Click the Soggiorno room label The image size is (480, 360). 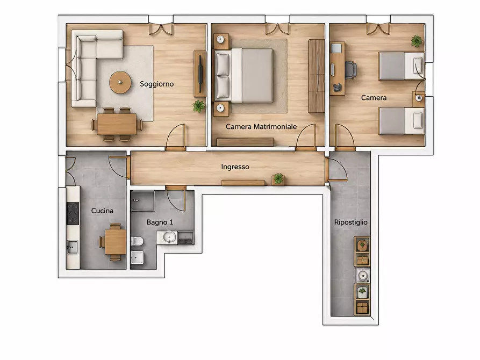pyautogui.click(x=157, y=84)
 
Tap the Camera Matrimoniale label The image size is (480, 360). pyautogui.click(x=261, y=126)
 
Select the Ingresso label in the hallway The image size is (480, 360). pyautogui.click(x=235, y=167)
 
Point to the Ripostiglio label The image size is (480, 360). pyautogui.click(x=351, y=222)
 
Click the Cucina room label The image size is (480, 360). pyautogui.click(x=102, y=211)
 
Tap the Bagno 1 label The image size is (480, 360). pyautogui.click(x=160, y=222)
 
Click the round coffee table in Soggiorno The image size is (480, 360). pyautogui.click(x=120, y=82)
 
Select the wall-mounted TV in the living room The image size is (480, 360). pyautogui.click(x=200, y=74)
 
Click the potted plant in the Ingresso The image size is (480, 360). pyautogui.click(x=278, y=178)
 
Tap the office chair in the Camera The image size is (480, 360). pyautogui.click(x=350, y=70)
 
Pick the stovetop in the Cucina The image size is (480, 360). pyautogui.click(x=73, y=213)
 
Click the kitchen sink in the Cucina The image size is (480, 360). pyautogui.click(x=73, y=247)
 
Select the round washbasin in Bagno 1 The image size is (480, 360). pyautogui.click(x=169, y=237)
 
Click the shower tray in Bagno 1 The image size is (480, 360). pyautogui.click(x=143, y=200)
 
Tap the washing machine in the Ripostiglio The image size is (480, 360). pyautogui.click(x=362, y=276)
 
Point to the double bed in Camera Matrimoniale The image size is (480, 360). pyautogui.click(x=244, y=75)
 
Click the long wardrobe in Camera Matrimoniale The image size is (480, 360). pyautogui.click(x=317, y=76)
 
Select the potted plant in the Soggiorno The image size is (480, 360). pyautogui.click(x=199, y=106)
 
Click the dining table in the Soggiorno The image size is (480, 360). pyautogui.click(x=117, y=124)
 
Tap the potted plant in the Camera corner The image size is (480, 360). pyautogui.click(x=417, y=41)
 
